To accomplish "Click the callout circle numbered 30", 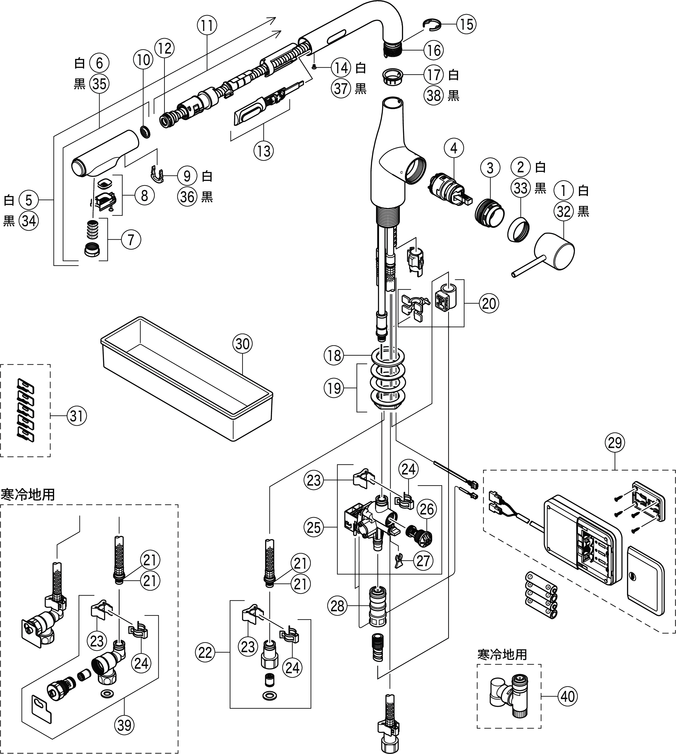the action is (x=243, y=344).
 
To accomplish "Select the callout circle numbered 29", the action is (x=615, y=443).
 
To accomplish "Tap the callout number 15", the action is (x=466, y=25).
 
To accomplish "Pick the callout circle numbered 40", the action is (x=567, y=696).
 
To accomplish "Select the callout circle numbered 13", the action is (x=264, y=151).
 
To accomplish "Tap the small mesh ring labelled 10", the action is (x=145, y=131).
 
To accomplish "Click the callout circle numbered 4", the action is (x=454, y=148).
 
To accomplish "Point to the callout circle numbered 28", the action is (x=337, y=606).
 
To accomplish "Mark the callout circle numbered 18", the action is (x=334, y=355).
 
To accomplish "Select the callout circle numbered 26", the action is (x=427, y=509).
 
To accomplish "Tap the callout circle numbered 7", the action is (x=131, y=240).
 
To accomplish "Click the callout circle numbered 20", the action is (x=488, y=303).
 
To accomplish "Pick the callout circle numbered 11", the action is (x=207, y=26).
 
